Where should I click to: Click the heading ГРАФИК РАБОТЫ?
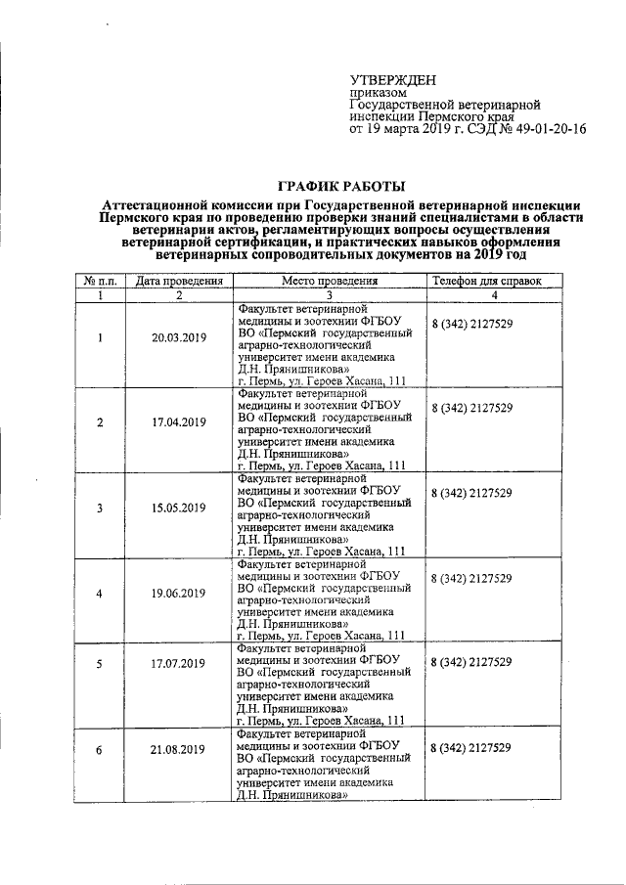tap(341, 185)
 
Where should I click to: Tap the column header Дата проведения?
tap(180, 281)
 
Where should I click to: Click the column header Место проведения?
tap(330, 281)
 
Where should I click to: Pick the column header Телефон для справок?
tap(486, 281)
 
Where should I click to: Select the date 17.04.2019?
tap(178, 422)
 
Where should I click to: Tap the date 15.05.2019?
tap(178, 508)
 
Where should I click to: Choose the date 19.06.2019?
tap(178, 594)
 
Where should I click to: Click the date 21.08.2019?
tap(178, 749)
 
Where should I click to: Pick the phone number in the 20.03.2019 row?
tap(472, 323)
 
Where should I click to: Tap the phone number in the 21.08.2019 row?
tap(472, 748)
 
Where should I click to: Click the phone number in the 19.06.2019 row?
tap(472, 578)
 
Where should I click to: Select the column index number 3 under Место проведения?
tap(330, 294)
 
